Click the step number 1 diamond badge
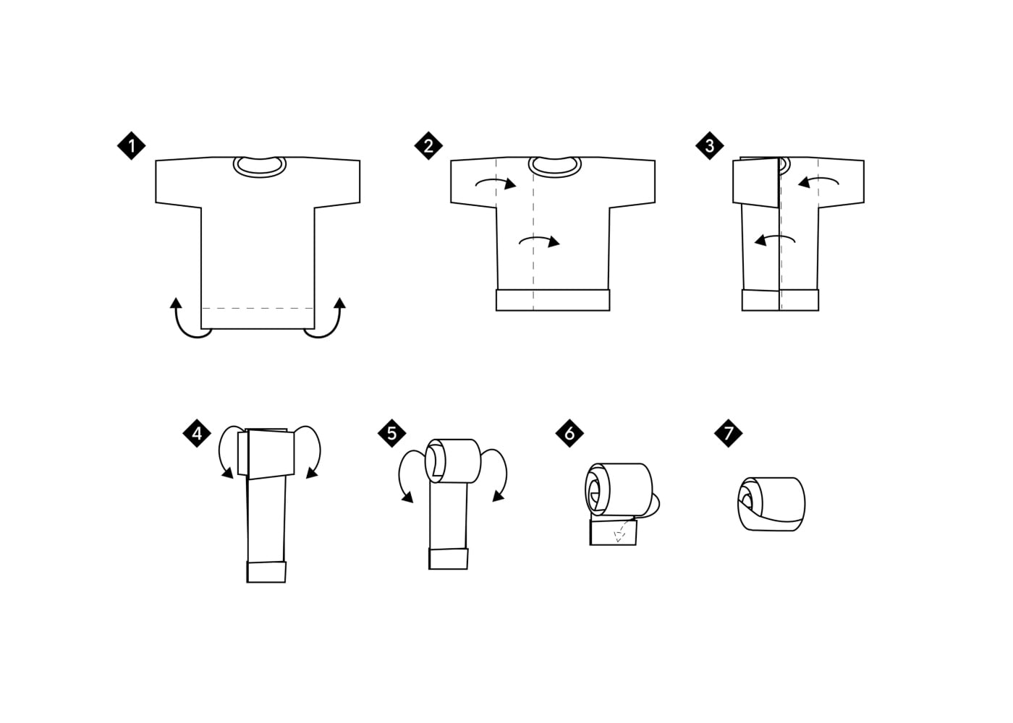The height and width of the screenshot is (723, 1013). tap(131, 145)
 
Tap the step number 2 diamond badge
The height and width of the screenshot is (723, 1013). tap(428, 145)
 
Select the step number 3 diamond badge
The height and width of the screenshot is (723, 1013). tap(710, 145)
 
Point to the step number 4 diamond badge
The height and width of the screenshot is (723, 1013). tap(197, 433)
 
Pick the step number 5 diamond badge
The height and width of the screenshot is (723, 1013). tap(391, 433)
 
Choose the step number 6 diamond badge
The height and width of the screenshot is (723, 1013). tap(569, 433)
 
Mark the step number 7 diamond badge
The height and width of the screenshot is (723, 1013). tap(728, 433)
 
